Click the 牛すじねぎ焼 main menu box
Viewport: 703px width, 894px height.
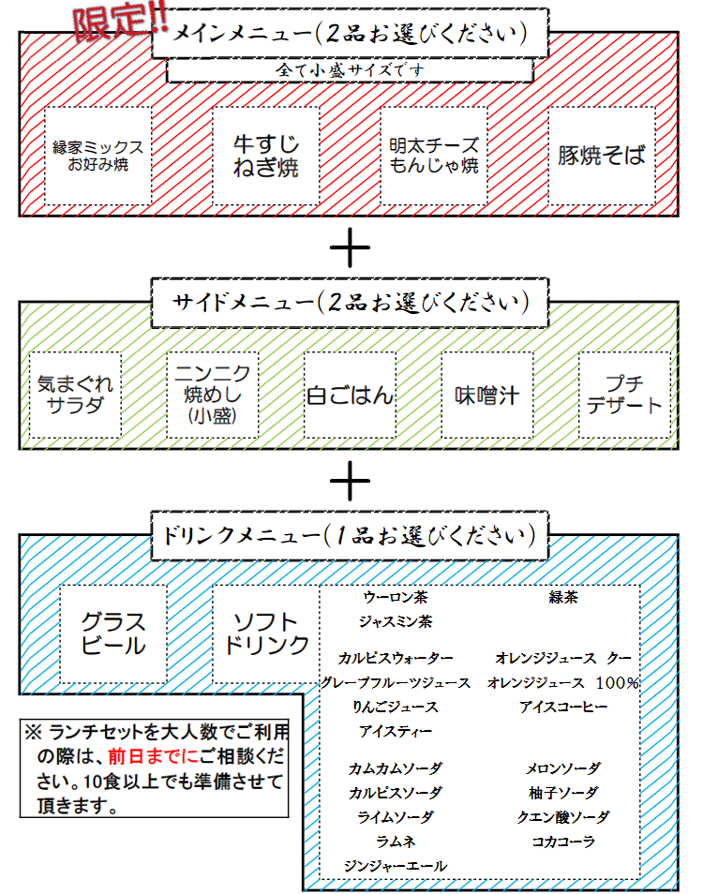(266, 156)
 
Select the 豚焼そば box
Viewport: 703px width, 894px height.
(601, 156)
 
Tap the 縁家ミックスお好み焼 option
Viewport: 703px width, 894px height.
(98, 156)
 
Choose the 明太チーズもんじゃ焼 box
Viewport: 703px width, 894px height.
(434, 156)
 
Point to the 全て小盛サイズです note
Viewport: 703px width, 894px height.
(350, 70)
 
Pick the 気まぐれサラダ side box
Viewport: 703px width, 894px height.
(76, 395)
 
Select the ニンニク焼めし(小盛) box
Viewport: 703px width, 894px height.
(213, 395)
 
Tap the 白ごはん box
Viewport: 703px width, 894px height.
(350, 395)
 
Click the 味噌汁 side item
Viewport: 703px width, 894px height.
(486, 395)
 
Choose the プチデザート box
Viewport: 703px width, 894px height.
(623, 395)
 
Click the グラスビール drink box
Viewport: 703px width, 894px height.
(113, 633)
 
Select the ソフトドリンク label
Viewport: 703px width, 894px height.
(266, 633)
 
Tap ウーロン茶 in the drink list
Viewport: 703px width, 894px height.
(395, 597)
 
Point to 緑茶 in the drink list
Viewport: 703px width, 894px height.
(562, 597)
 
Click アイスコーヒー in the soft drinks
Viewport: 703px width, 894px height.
(562, 707)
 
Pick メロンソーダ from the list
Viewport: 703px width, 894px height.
(562, 768)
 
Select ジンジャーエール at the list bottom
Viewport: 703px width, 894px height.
(395, 866)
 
